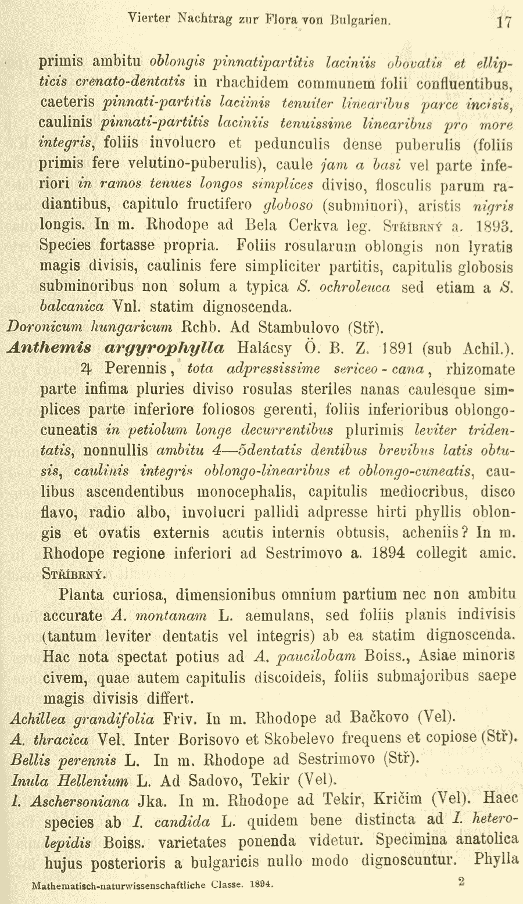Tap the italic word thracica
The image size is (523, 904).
(x=61, y=740)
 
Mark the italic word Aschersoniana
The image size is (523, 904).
(x=80, y=802)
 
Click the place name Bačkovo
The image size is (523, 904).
(x=378, y=719)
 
